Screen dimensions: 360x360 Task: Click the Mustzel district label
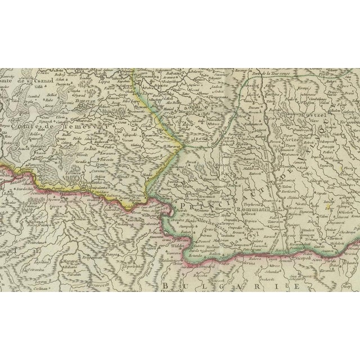[316, 106]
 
